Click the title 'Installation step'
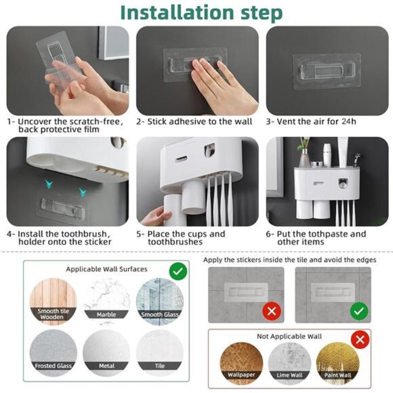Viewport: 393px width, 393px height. (196, 13)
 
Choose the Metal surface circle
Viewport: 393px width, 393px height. (106, 354)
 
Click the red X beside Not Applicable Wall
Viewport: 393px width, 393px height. (360, 339)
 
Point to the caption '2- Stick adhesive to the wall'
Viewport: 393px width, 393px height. (194, 122)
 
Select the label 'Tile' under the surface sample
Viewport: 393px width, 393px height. (159, 366)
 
